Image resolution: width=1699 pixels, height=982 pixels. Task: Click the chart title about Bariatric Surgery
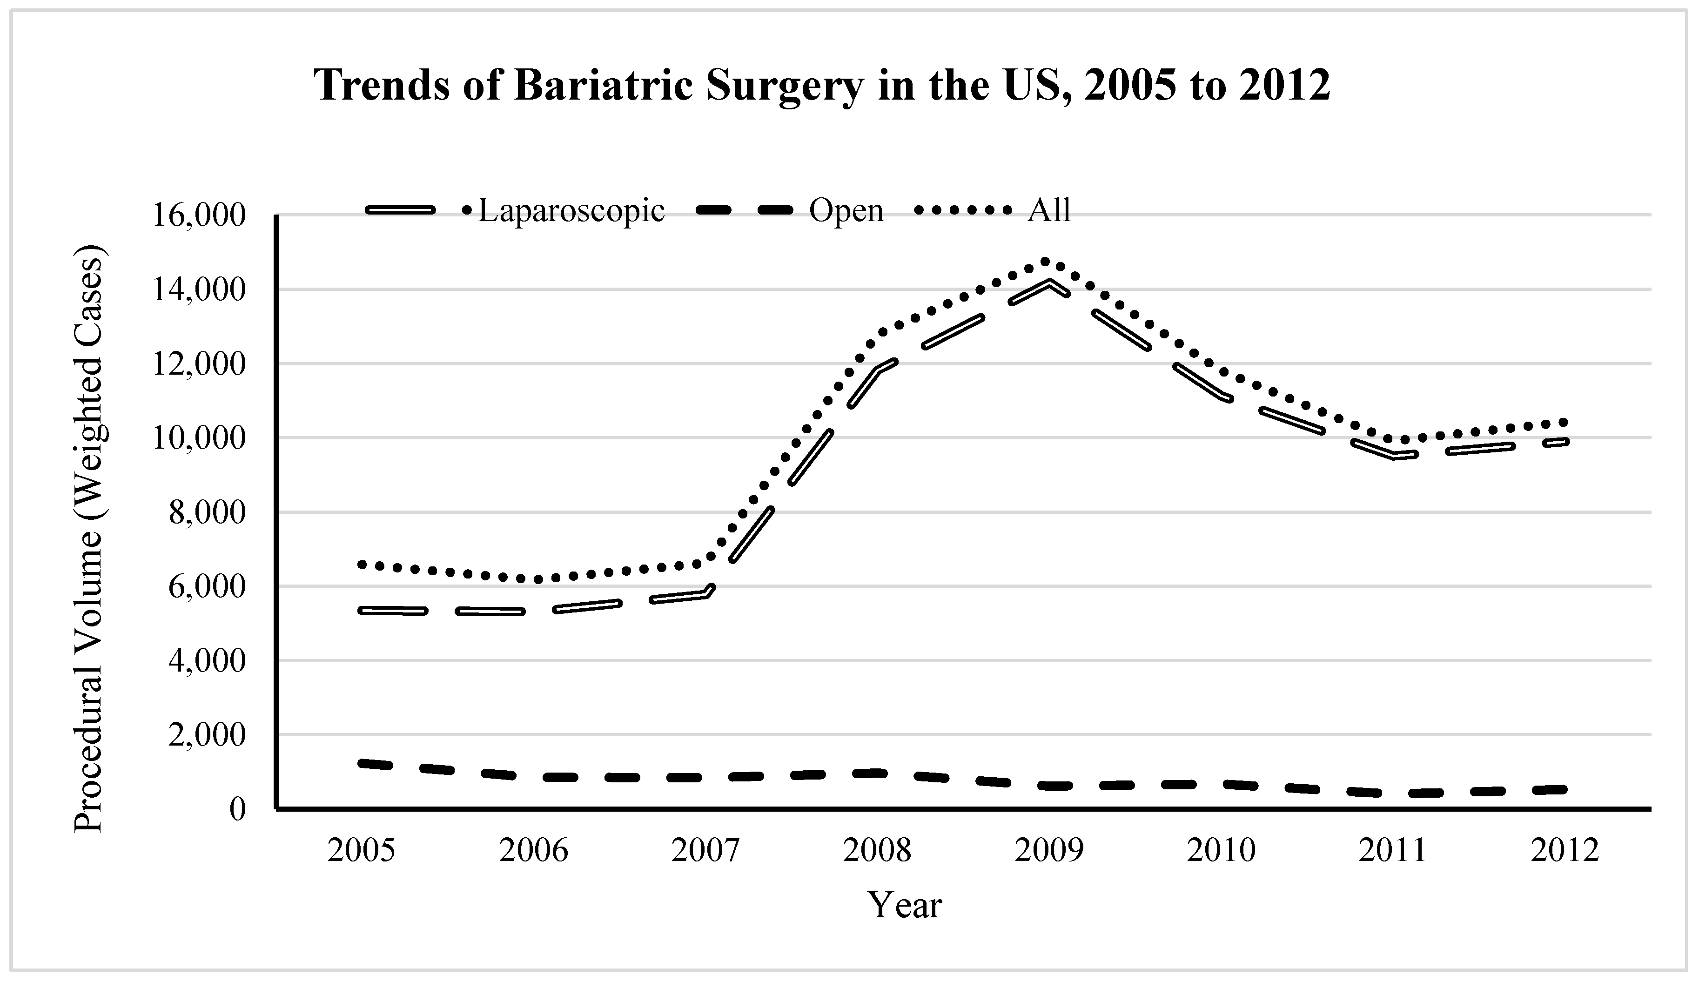click(x=823, y=86)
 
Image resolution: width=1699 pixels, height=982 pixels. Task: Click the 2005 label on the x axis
click(x=361, y=851)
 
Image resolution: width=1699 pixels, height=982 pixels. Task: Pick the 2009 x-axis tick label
click(x=1049, y=851)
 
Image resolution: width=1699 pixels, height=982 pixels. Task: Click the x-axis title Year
click(x=904, y=906)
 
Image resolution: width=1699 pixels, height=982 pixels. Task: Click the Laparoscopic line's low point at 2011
click(x=1393, y=457)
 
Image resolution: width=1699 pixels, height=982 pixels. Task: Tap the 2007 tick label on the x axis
click(x=705, y=851)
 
